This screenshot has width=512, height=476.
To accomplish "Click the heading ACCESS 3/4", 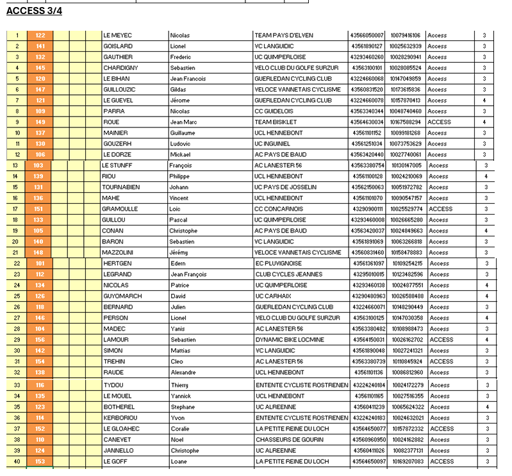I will tap(34, 11).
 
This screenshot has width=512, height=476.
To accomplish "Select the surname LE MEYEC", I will tap(117, 35).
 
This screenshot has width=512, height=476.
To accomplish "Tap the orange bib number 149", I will tap(40, 122).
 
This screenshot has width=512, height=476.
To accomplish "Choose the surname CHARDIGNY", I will tap(120, 68).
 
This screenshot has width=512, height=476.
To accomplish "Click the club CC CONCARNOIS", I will tap(280, 209).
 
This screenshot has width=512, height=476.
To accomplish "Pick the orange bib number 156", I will tap(40, 340).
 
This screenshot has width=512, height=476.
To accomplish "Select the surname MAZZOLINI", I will tap(119, 252).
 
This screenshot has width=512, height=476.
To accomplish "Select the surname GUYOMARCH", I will tap(122, 296).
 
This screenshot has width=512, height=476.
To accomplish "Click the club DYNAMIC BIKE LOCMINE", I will tap(290, 340).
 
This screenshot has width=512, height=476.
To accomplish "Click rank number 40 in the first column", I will tap(17, 461).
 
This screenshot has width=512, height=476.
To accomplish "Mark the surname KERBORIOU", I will tap(120, 418).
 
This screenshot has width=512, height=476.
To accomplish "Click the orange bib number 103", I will tap(38, 165).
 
